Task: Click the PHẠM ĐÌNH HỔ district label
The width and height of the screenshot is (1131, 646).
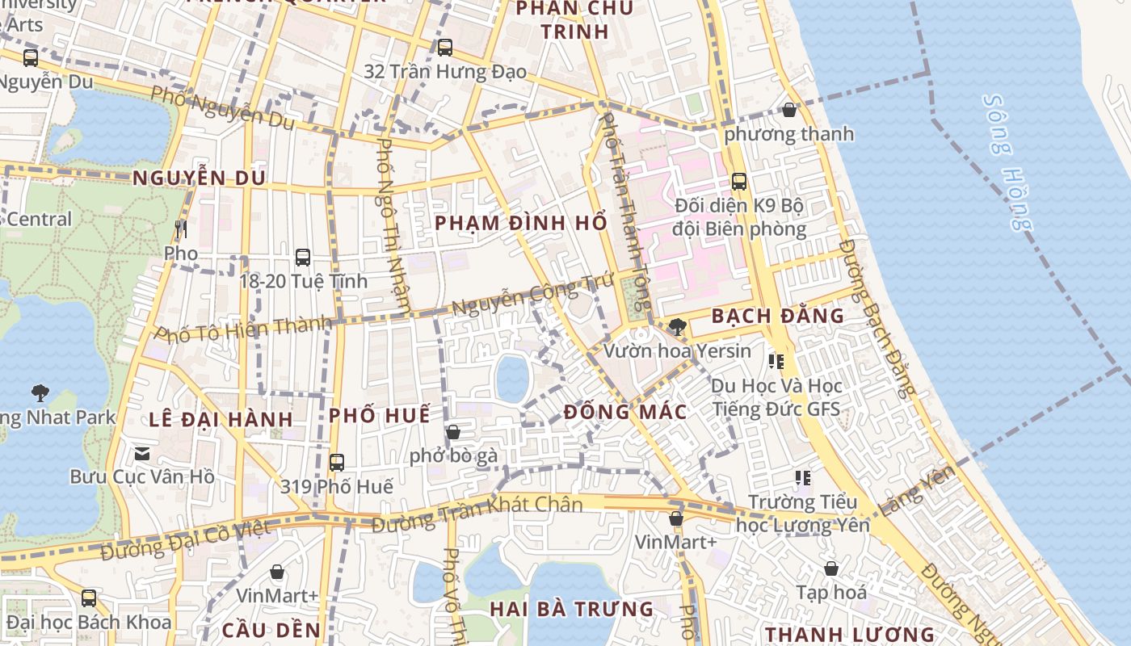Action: tap(521, 222)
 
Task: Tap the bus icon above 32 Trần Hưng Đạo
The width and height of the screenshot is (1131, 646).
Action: tap(445, 48)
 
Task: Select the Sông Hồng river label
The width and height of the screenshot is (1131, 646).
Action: tap(1007, 162)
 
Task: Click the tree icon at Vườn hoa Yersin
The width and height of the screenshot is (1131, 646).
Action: tap(678, 327)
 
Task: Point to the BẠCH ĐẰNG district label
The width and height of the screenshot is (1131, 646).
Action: tap(777, 316)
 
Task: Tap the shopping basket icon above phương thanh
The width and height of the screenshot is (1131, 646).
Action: tap(789, 110)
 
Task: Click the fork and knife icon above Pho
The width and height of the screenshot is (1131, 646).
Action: tap(180, 229)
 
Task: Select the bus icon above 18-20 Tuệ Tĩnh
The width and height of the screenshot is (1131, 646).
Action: tap(303, 258)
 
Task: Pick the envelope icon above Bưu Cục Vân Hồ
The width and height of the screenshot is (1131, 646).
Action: tap(142, 454)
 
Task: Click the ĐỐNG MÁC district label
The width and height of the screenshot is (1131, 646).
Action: tap(625, 412)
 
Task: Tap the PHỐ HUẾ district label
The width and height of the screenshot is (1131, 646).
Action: tap(379, 415)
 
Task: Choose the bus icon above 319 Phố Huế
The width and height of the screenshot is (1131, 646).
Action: tap(337, 463)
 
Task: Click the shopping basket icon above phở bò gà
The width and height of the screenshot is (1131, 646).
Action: tap(453, 433)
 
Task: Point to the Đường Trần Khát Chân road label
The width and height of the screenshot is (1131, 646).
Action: tap(477, 514)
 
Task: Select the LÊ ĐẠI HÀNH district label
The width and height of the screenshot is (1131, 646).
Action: tap(221, 419)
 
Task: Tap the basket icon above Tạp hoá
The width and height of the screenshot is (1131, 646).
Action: tap(830, 568)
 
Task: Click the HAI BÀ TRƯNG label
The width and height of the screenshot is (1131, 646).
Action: tap(572, 609)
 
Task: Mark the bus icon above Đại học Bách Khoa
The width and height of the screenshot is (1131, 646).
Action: tap(89, 598)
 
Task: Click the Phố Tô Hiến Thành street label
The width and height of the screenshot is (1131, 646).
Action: tap(243, 329)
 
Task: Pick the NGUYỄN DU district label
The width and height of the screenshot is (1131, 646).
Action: tap(199, 178)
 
